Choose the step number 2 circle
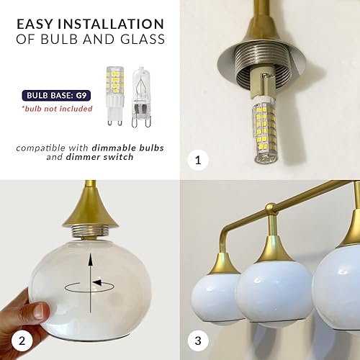[19, 339]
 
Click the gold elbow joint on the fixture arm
[271, 210]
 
